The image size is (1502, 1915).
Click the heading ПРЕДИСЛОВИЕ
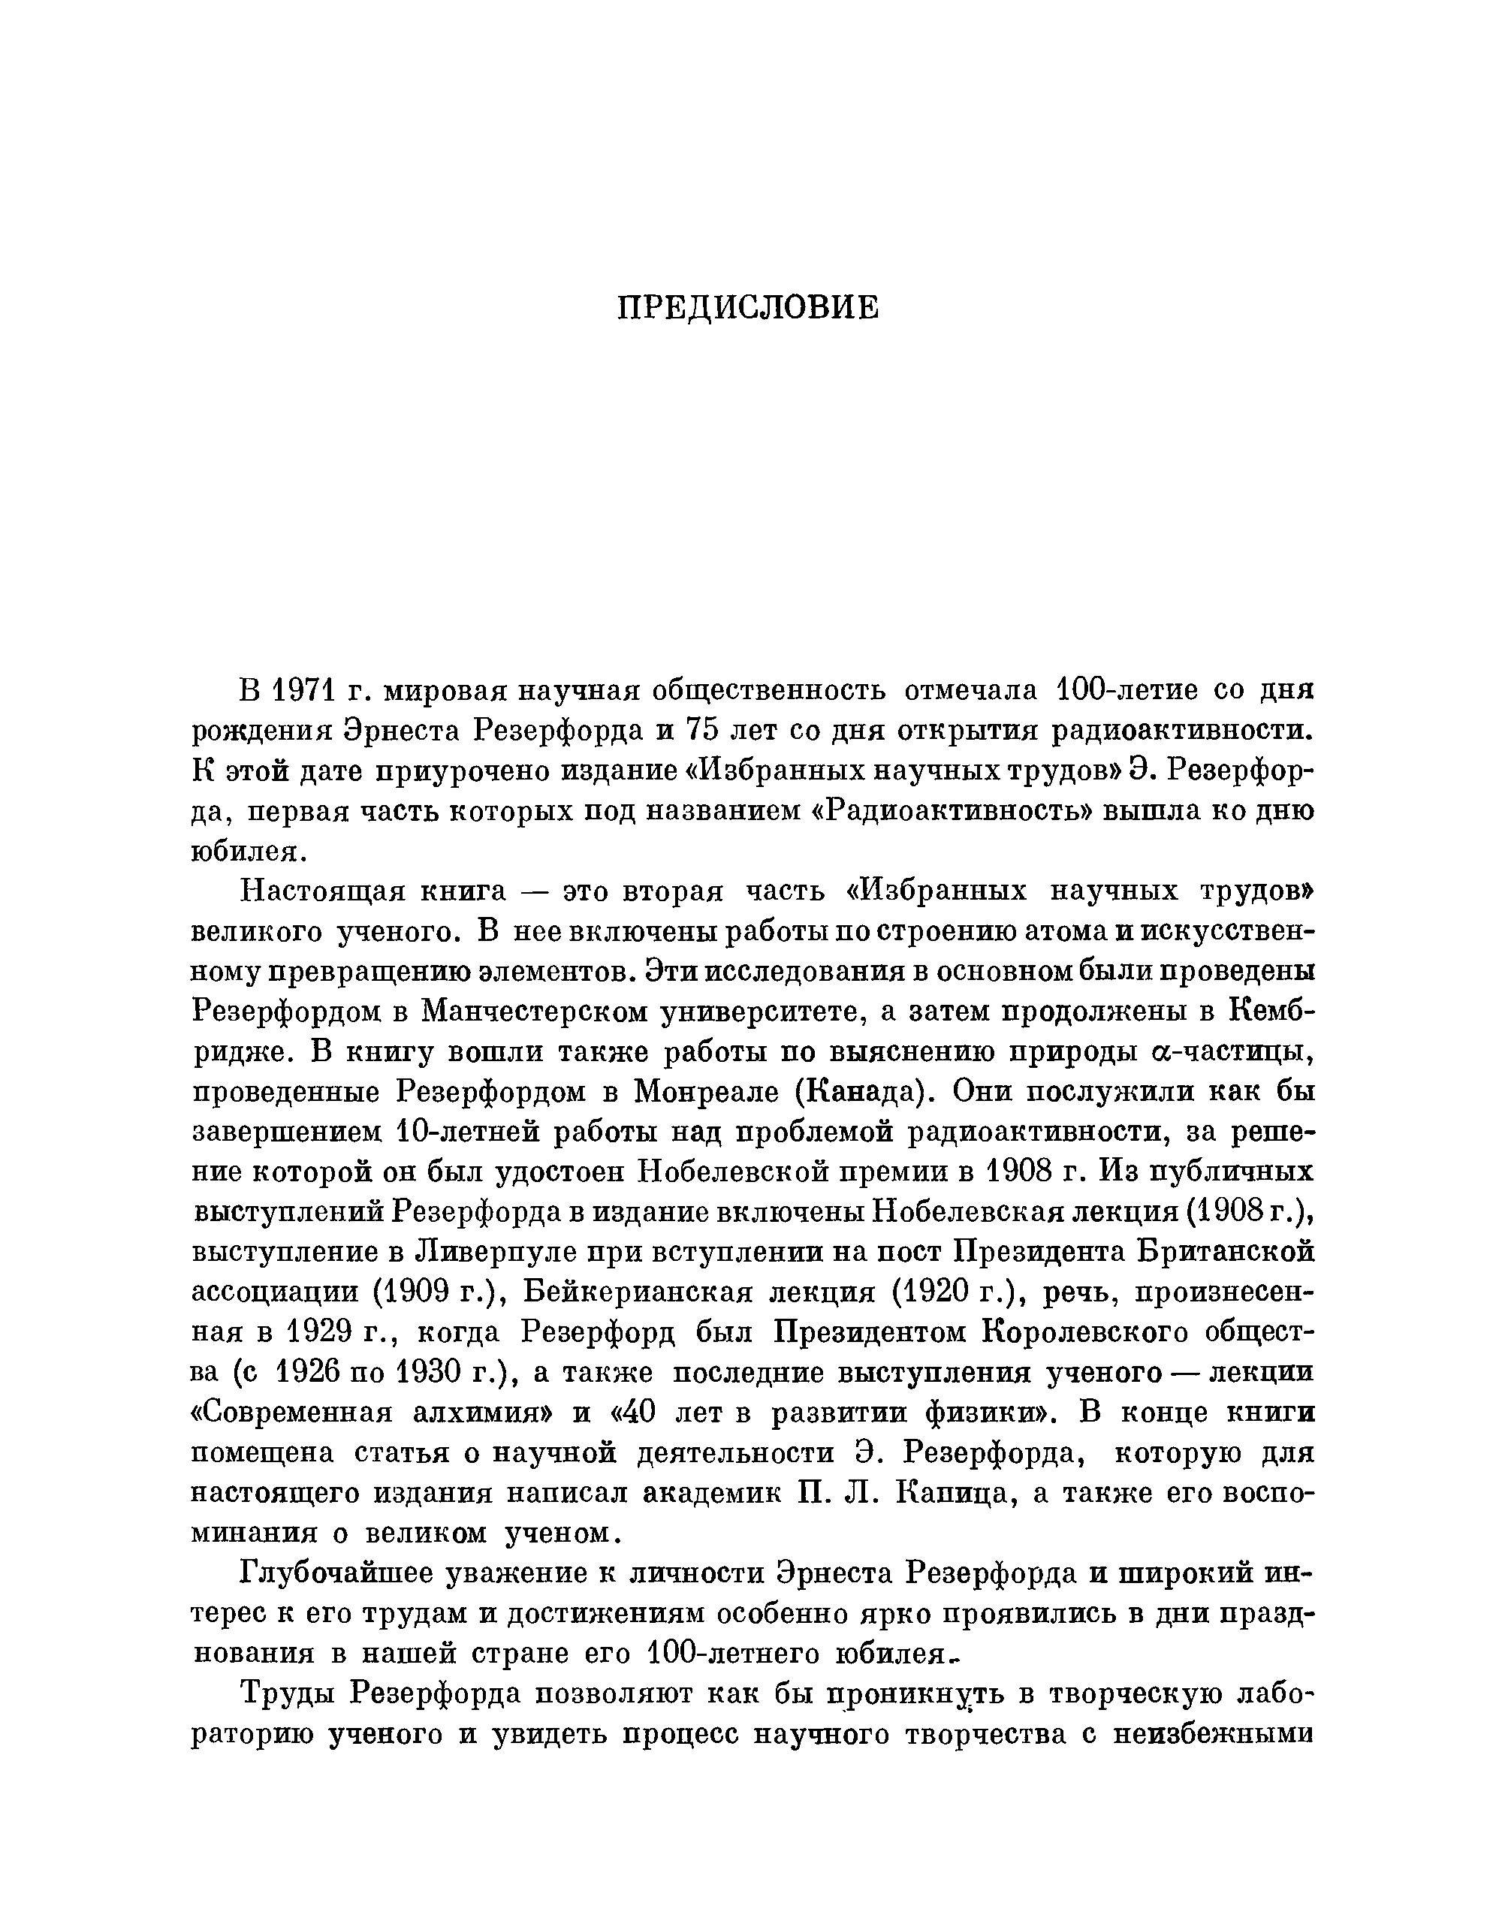747,308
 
